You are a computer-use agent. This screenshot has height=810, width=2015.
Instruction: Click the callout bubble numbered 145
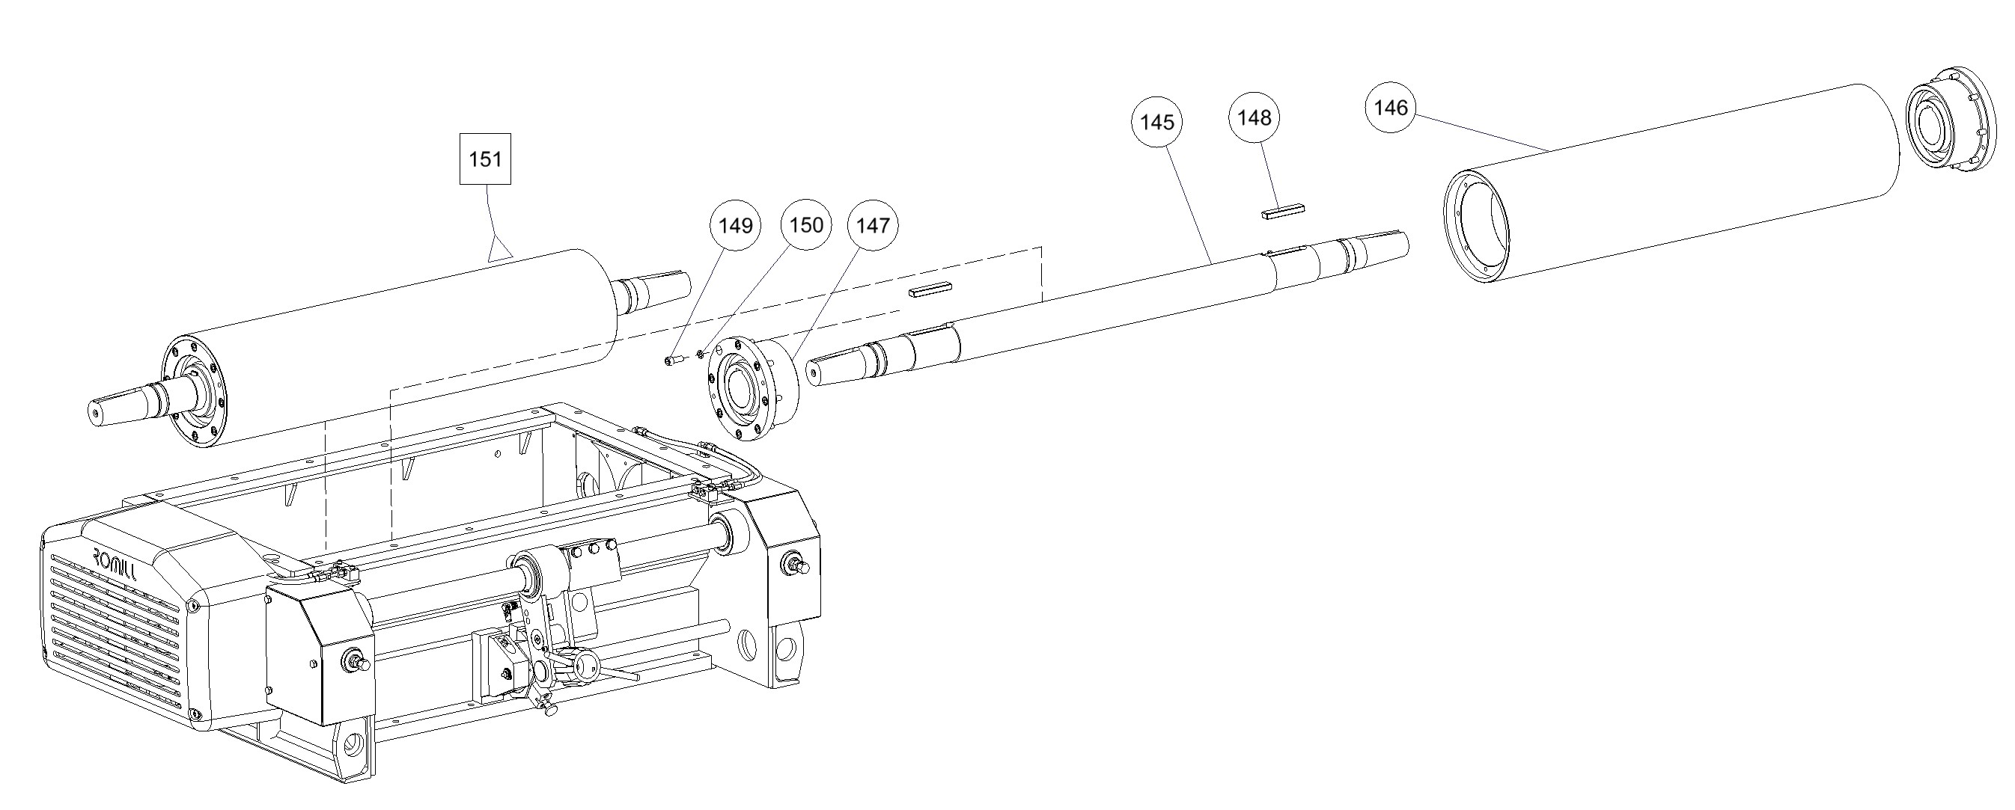1157,122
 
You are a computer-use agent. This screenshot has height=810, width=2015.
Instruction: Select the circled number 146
1390,108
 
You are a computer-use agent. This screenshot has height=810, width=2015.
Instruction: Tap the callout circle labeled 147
872,226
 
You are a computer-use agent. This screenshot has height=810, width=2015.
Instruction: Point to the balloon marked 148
1255,118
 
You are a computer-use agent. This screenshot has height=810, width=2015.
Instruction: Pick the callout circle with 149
735,226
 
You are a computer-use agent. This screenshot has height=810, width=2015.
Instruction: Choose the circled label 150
805,225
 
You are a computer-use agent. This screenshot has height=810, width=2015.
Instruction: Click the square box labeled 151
485,159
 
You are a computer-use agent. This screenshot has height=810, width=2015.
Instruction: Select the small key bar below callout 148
1284,212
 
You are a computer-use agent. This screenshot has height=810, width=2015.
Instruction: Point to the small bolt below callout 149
674,360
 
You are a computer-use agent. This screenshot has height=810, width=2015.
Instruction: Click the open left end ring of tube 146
1476,227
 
